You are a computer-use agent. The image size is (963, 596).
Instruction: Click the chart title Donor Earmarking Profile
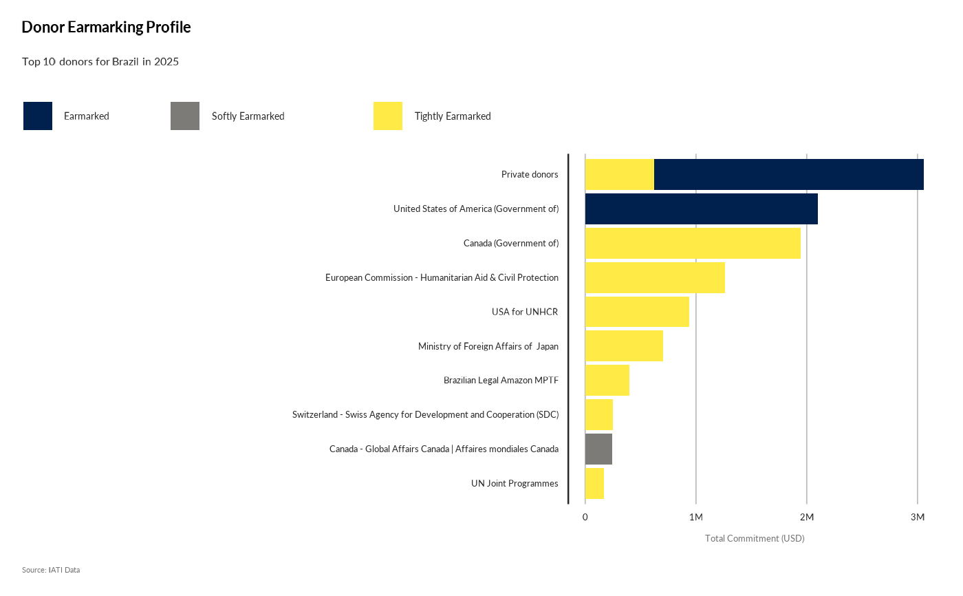(x=106, y=28)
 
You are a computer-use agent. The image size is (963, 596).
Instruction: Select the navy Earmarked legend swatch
(x=38, y=116)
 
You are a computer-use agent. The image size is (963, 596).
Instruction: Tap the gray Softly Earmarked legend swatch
(x=185, y=116)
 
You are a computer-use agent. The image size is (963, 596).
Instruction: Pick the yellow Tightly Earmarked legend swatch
(x=388, y=116)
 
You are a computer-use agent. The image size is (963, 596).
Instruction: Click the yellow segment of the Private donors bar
(x=619, y=175)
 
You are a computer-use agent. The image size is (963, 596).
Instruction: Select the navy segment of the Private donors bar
(x=788, y=175)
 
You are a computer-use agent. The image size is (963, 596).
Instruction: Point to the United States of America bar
(x=701, y=209)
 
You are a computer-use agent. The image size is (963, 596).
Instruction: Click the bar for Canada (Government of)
(x=693, y=243)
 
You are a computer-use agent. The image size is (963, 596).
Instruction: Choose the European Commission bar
(x=655, y=277)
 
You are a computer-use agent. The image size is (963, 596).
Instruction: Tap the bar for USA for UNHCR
(x=637, y=312)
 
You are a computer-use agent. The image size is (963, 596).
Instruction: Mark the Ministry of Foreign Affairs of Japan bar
(x=624, y=346)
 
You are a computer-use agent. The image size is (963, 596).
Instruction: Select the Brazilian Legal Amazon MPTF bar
(x=607, y=381)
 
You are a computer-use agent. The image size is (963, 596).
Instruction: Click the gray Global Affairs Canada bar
(x=598, y=449)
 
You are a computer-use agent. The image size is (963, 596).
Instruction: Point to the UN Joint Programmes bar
(x=594, y=484)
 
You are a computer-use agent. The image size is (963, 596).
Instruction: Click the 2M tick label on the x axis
(x=806, y=517)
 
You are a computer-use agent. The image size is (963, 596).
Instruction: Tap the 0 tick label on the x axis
(x=585, y=517)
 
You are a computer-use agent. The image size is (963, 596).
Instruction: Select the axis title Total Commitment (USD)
(x=755, y=538)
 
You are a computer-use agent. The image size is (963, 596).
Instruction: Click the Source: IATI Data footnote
(x=51, y=570)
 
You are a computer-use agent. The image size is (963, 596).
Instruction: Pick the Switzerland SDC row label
(x=425, y=415)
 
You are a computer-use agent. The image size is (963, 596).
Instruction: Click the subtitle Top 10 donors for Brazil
(x=100, y=62)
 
